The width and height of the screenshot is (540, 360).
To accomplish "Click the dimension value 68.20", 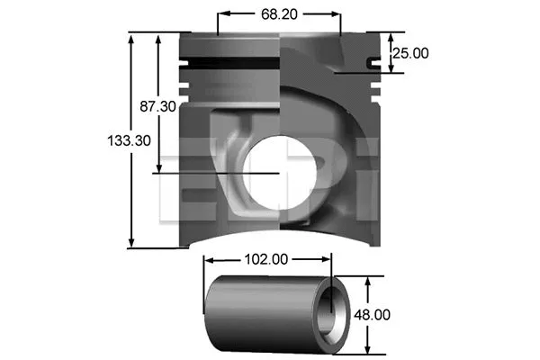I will [279, 14].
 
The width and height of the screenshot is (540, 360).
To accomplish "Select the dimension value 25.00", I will [410, 53].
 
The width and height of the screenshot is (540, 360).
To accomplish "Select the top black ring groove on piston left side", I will [229, 59].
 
